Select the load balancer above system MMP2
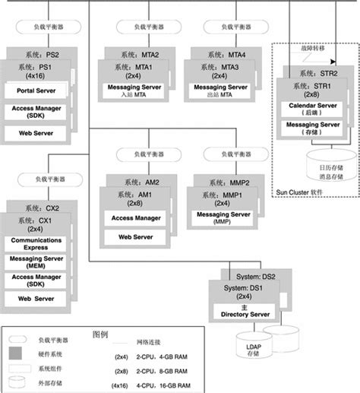coord(226,154)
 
